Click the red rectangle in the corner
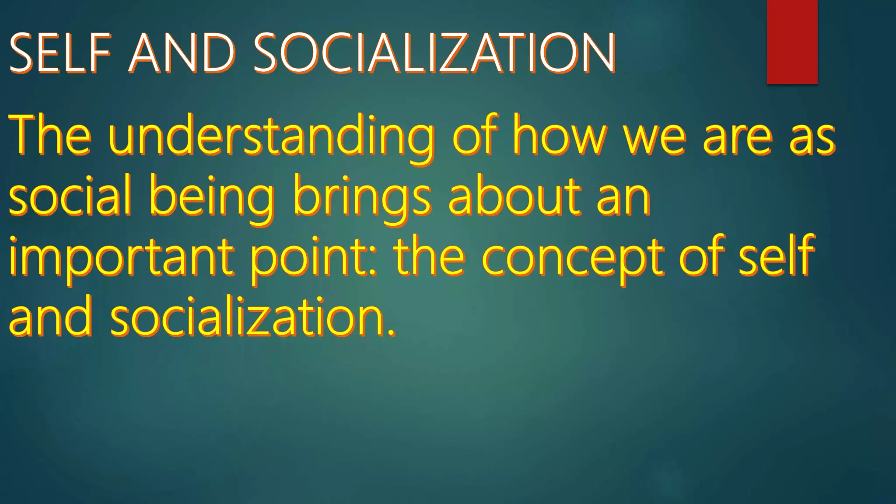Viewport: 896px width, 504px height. coord(792,42)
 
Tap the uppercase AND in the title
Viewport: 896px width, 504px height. coord(182,53)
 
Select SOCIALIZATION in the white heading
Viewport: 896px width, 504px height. coord(434,53)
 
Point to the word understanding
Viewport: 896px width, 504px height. coord(271,136)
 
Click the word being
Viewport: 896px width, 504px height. coord(212,197)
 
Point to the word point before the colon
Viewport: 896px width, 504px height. coord(308,258)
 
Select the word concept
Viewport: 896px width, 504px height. coord(573,258)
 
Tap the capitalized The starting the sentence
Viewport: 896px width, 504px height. coord(50,136)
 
